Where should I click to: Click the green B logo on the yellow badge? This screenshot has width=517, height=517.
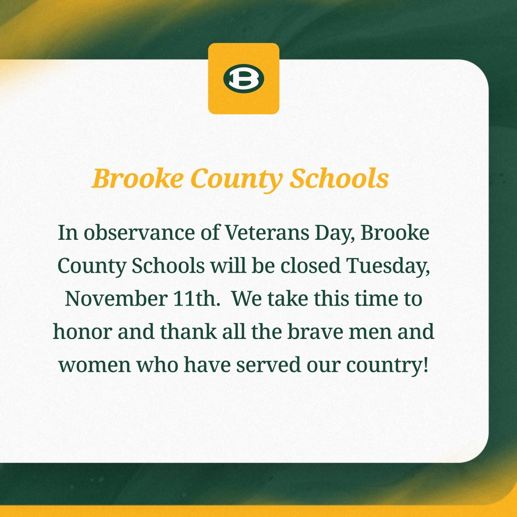(x=244, y=79)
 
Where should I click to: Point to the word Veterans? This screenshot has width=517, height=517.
(x=257, y=233)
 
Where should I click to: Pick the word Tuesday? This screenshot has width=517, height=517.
(x=388, y=266)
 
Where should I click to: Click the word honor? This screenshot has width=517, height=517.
(x=79, y=332)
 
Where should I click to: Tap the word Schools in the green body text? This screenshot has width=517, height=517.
(x=168, y=266)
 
